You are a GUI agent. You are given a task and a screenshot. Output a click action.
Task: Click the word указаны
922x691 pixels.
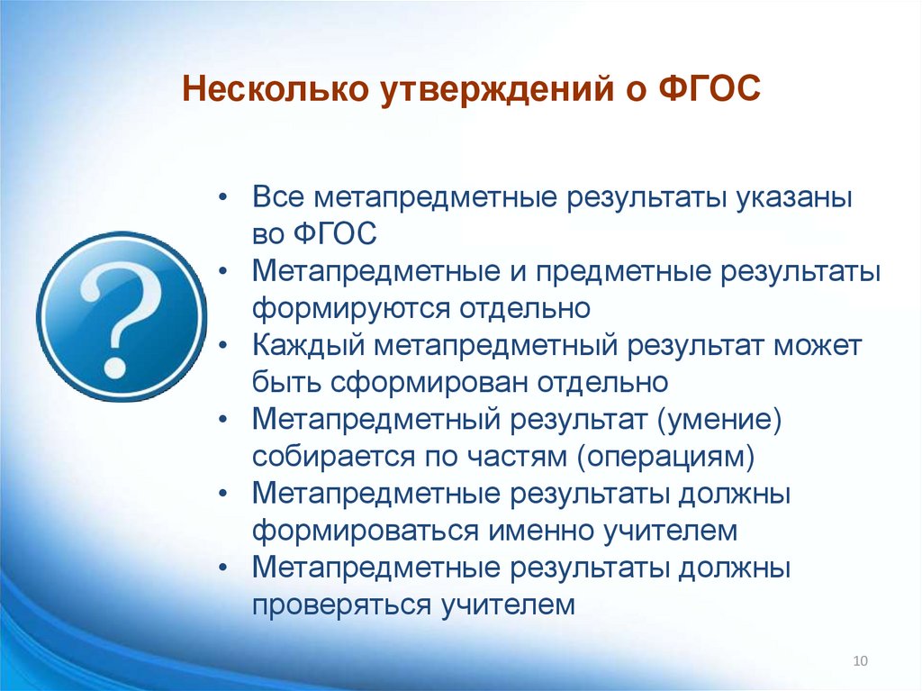click(795, 197)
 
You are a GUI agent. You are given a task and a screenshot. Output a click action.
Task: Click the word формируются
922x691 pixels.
click(350, 308)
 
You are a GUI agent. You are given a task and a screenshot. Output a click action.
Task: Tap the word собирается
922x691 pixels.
click(322, 456)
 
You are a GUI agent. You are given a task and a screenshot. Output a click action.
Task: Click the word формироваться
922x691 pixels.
click(365, 531)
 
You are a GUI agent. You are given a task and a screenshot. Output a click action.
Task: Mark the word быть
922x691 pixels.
click(284, 382)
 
